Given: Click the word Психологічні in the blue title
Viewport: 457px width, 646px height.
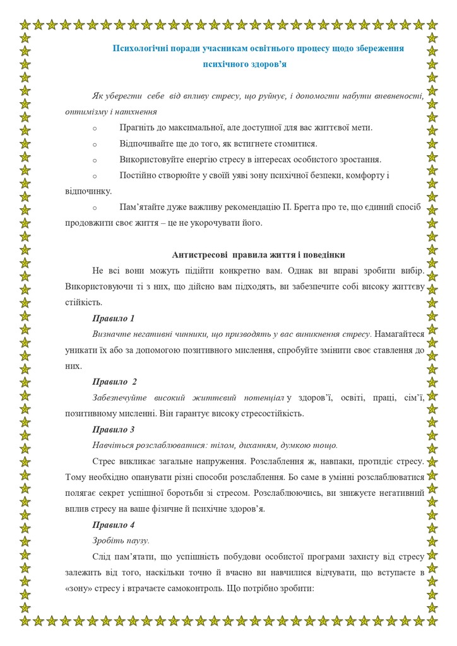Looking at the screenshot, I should [140, 48].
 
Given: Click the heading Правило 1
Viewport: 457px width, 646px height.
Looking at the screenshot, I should [114, 317].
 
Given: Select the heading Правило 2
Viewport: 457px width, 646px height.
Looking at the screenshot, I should [115, 382].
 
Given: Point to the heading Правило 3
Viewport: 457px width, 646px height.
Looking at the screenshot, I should [114, 430].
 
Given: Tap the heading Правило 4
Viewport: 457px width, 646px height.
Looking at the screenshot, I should [114, 525].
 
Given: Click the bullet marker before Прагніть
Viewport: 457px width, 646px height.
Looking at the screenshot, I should [95, 128].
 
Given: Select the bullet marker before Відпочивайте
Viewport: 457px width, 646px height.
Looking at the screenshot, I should [95, 144].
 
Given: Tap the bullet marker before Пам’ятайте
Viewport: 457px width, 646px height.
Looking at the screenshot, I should [95, 208].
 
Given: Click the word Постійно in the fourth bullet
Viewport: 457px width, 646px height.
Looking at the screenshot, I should [138, 175].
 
